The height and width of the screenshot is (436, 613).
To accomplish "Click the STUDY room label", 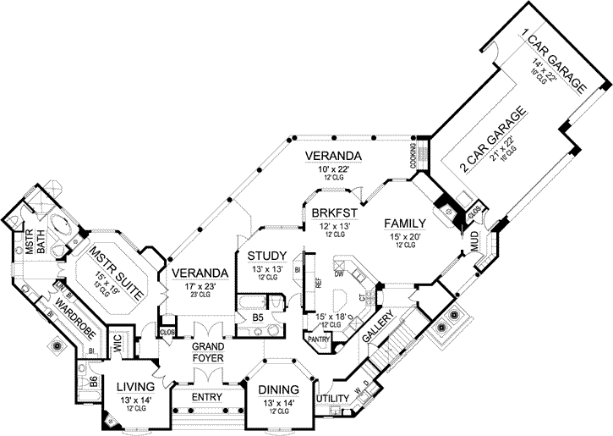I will pyautogui.click(x=265, y=256).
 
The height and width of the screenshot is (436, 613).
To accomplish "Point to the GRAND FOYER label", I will pyautogui.click(x=206, y=351).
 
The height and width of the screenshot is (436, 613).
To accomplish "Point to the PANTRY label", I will pyautogui.click(x=319, y=338).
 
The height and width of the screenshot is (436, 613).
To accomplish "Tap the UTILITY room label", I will pyautogui.click(x=334, y=397).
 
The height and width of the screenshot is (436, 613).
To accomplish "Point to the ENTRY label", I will pyautogui.click(x=207, y=397).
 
